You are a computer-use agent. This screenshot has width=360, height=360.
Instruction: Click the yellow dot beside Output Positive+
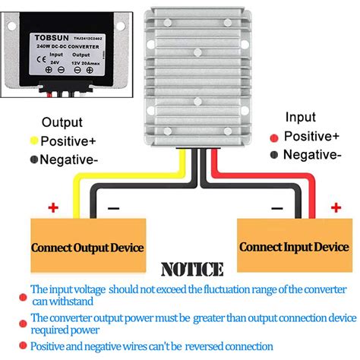point(33,141)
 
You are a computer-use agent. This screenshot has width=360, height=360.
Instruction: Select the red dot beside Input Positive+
point(274,137)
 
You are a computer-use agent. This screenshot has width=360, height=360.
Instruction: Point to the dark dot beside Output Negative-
point(33,159)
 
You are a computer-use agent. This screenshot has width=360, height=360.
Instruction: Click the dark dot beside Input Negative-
point(274,155)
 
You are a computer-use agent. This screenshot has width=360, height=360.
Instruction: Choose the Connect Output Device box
point(87,247)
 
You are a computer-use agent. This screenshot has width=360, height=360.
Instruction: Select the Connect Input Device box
point(293,246)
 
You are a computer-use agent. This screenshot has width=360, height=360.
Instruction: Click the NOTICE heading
point(191,270)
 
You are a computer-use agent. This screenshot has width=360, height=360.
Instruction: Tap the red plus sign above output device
point(53,207)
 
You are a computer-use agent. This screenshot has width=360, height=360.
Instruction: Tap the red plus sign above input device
point(334,207)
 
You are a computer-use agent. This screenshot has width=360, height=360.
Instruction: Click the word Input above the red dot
point(300,117)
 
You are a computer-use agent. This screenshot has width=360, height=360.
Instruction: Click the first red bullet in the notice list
point(24,289)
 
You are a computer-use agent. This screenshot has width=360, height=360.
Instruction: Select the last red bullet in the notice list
point(24,346)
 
